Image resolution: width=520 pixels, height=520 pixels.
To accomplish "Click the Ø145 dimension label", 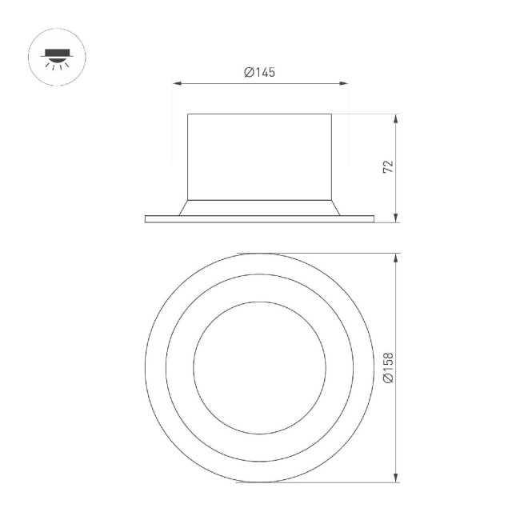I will [260, 73].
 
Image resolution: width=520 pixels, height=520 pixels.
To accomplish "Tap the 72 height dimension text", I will [388, 166].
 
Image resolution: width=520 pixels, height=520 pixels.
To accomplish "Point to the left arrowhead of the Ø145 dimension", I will [176, 82].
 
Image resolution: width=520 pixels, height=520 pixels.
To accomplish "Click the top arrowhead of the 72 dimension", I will [398, 117].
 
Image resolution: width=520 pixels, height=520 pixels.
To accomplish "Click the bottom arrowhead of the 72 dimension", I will [398, 218].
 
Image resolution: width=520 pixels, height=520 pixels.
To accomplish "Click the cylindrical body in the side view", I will [260, 156].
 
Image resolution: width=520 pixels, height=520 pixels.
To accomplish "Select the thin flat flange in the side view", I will [260, 218].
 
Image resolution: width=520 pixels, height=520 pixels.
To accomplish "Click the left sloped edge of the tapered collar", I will [182, 207].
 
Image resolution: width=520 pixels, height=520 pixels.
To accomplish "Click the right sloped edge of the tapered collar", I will [338, 207].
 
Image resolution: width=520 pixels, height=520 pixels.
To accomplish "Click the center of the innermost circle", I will [260, 368].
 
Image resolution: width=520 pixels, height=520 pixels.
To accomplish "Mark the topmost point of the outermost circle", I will [260, 254].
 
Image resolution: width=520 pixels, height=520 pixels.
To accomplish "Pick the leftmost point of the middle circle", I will [166, 368].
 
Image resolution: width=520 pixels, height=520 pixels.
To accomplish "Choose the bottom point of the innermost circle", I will [260, 434].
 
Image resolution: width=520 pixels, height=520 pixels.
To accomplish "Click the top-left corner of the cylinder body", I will [188, 114].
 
